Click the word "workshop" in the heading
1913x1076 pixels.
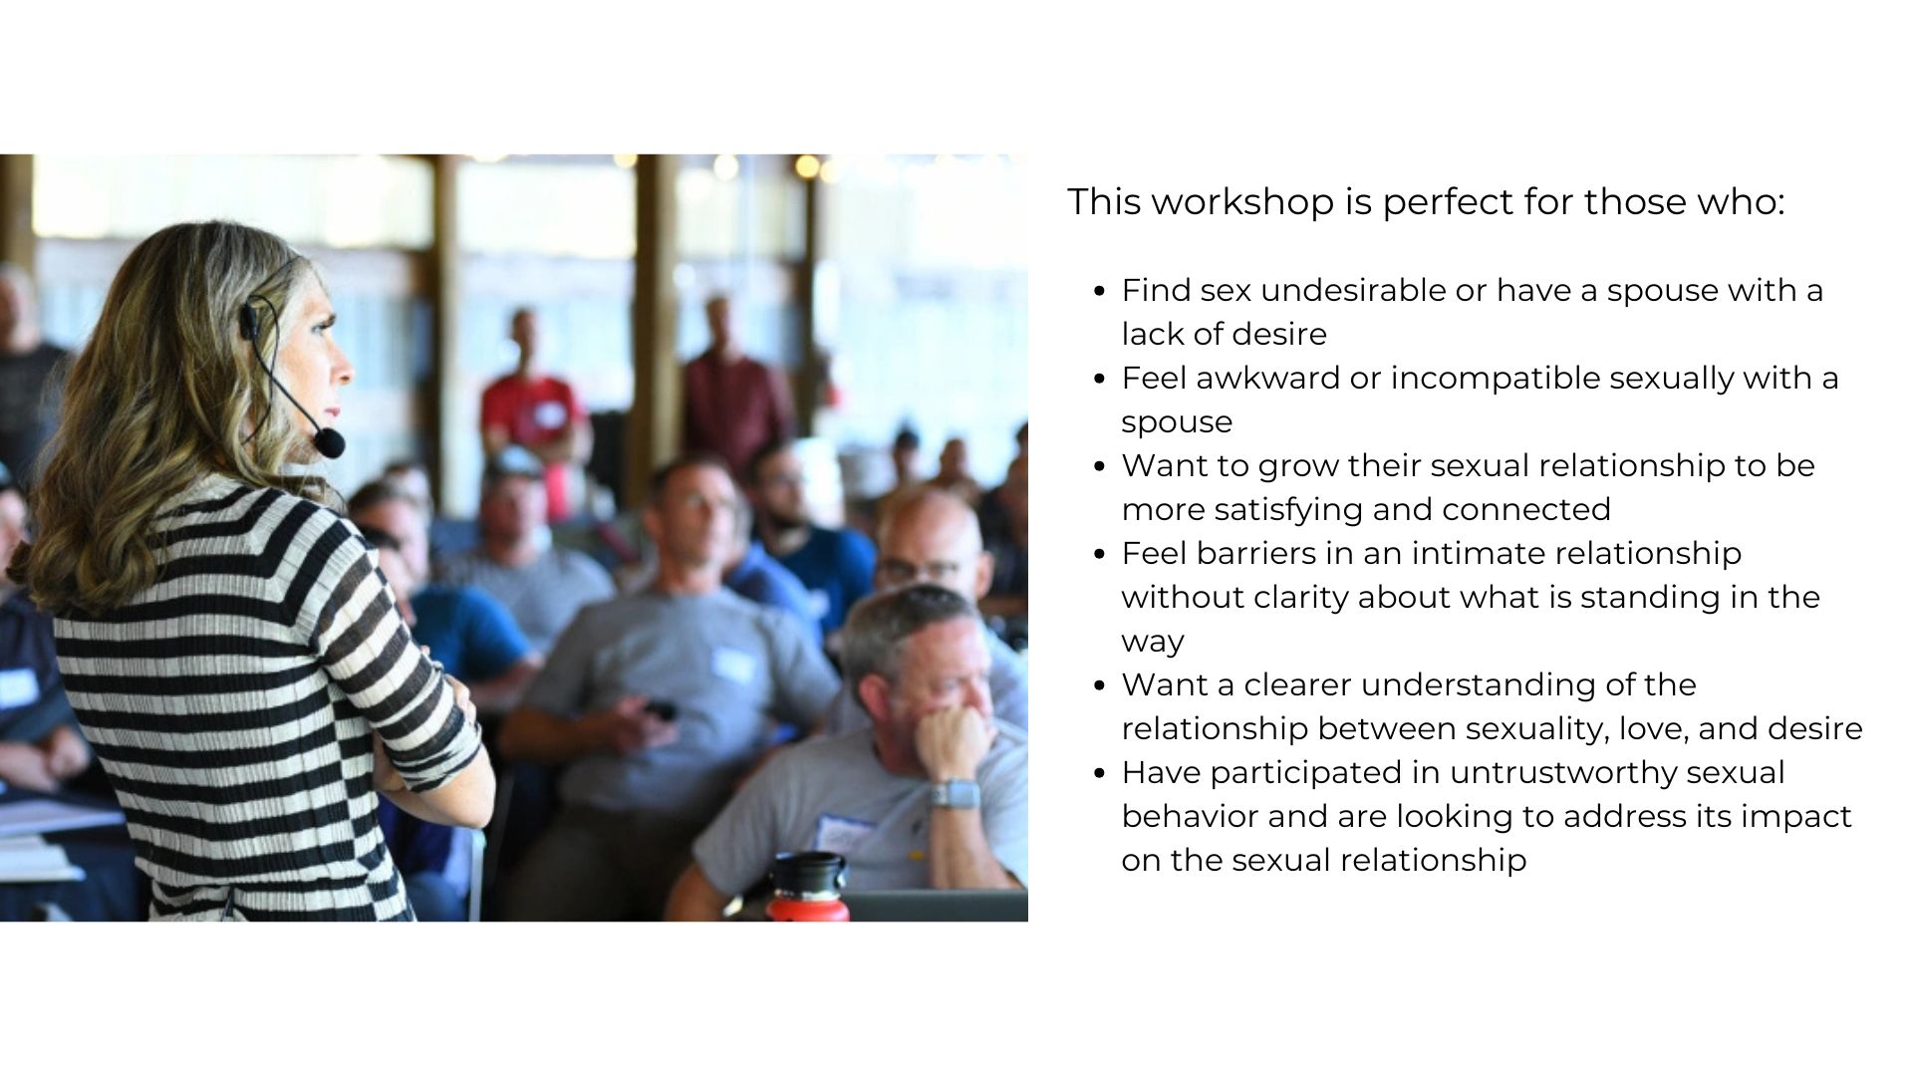coord(1244,202)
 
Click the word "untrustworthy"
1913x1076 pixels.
coord(1617,772)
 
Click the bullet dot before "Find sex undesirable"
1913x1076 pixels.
coord(1099,292)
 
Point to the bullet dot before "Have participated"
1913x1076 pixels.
coord(1099,774)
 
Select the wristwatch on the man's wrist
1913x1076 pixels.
coord(954,794)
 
